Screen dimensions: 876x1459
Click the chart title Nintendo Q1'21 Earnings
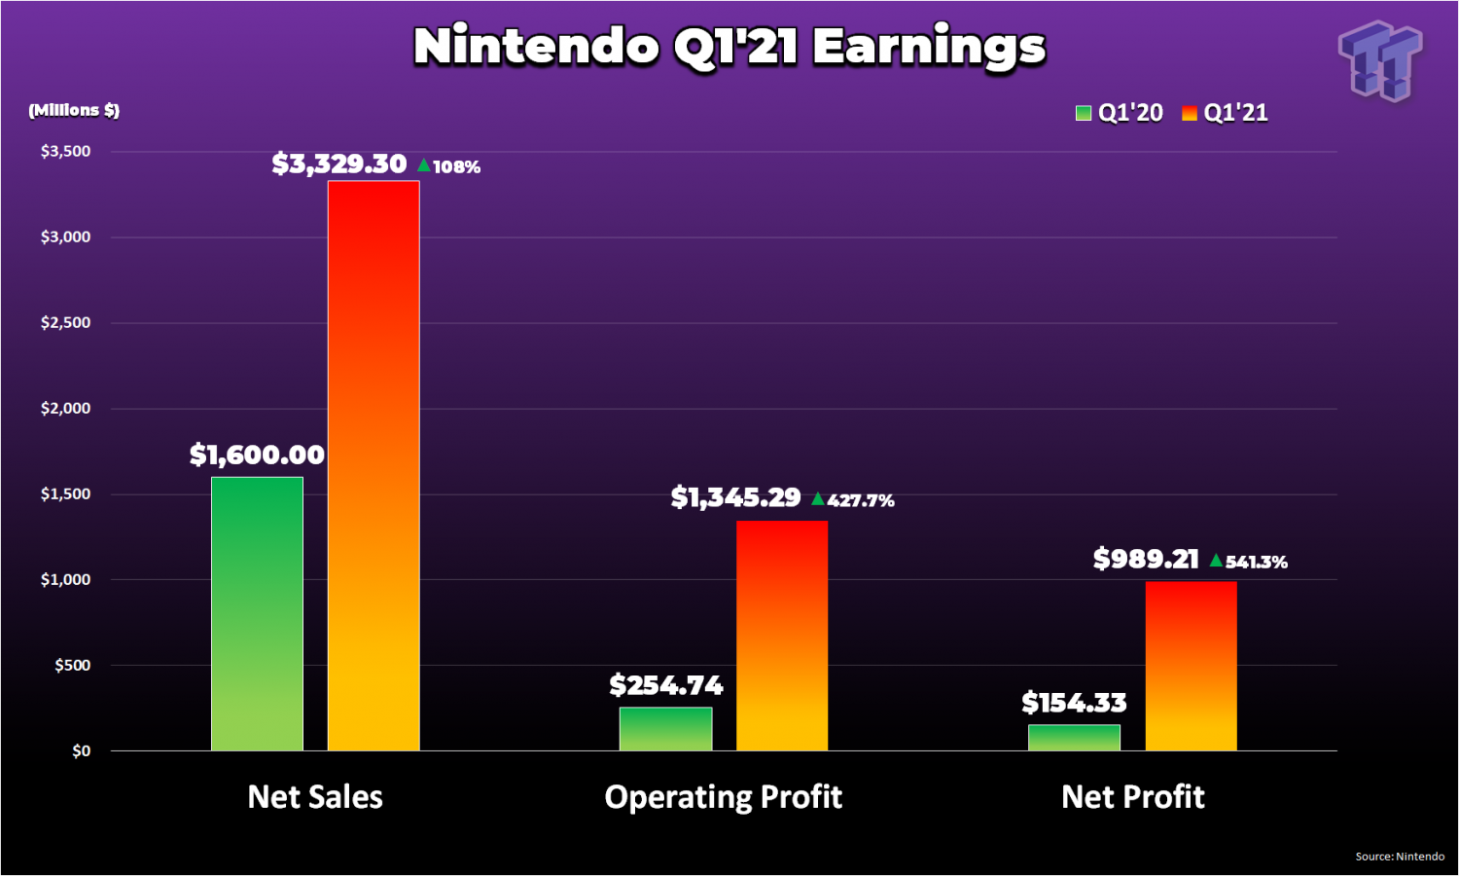click(x=729, y=47)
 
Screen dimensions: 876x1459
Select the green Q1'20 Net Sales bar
click(x=257, y=613)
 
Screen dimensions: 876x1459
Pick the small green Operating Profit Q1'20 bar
click(x=665, y=728)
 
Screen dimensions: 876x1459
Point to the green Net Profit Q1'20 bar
click(x=1074, y=737)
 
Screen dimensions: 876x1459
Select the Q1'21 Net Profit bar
click(x=1191, y=666)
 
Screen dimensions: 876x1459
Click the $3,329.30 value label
click(x=338, y=164)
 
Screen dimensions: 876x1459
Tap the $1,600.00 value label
click(x=257, y=455)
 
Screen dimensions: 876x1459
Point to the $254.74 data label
click(x=666, y=685)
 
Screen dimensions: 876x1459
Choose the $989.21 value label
click(x=1146, y=559)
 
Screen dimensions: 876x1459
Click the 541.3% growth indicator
click(x=1249, y=562)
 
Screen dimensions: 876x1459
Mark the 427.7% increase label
click(x=853, y=500)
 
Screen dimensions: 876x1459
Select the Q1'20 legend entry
click(x=1120, y=113)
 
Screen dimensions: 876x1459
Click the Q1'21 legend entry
click(x=1225, y=113)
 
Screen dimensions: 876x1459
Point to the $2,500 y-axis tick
click(x=65, y=322)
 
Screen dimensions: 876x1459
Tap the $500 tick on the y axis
click(x=72, y=665)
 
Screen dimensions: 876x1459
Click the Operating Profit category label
click(x=723, y=797)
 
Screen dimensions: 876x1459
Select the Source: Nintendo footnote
click(x=1400, y=857)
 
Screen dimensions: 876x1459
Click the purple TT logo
click(x=1380, y=60)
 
